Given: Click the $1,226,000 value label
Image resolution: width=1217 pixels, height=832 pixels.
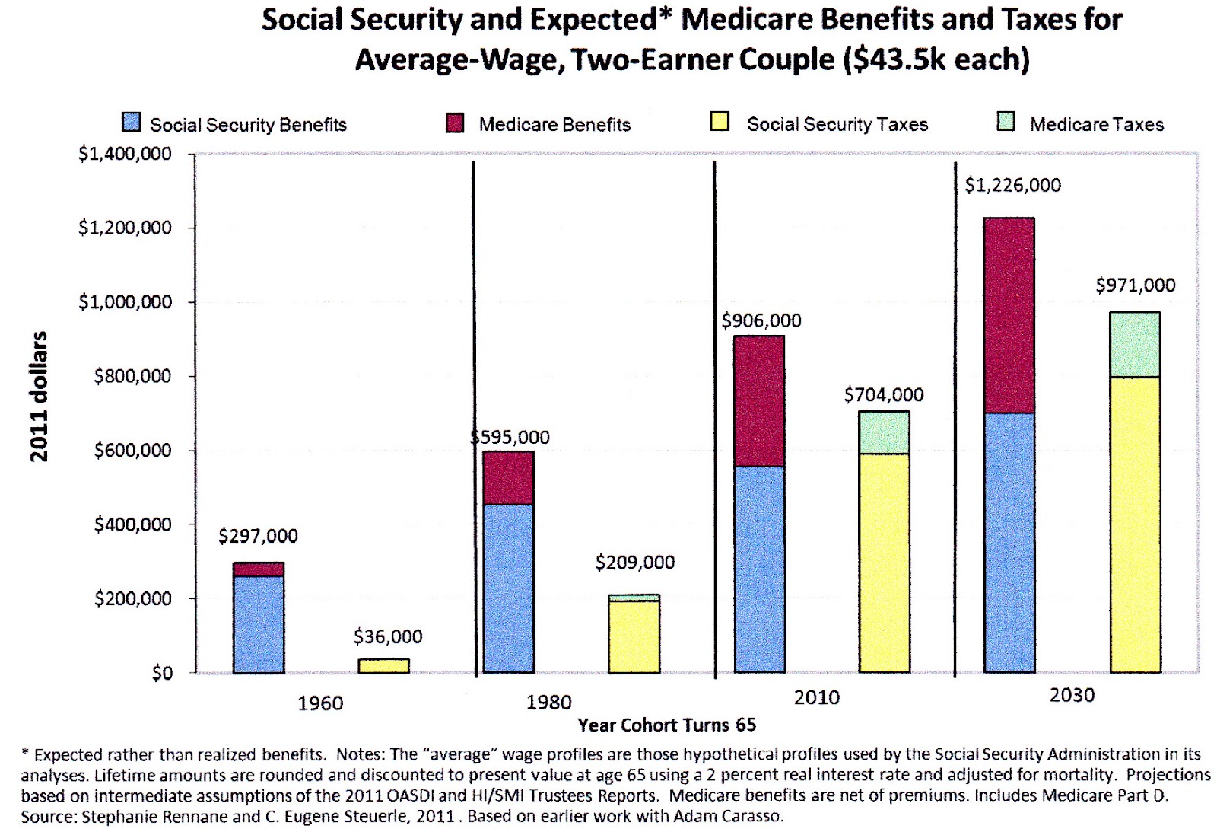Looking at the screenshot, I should point(1012,185).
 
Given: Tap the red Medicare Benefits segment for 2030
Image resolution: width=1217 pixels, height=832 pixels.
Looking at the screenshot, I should point(1009,315).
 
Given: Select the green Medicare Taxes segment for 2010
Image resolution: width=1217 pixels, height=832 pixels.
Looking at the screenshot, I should point(884,432).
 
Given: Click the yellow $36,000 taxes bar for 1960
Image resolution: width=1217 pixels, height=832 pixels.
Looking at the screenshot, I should point(383,666).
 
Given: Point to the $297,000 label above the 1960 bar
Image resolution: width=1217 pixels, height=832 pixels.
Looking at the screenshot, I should point(258,536).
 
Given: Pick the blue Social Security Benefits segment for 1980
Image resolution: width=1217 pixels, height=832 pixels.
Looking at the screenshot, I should point(508,588).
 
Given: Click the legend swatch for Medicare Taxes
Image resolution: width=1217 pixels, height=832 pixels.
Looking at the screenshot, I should point(1006,122).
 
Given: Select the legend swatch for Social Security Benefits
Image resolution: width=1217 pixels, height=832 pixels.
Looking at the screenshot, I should point(132,123).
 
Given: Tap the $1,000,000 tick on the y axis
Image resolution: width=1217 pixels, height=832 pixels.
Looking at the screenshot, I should point(125,302).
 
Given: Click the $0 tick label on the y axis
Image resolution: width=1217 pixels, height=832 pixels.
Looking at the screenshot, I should point(161,673).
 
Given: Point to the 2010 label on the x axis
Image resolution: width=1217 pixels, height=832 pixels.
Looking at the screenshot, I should point(816,697).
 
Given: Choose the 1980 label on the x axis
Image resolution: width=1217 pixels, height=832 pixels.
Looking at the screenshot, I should point(548,702).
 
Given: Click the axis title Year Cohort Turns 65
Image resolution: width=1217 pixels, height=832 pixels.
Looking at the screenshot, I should point(666,725).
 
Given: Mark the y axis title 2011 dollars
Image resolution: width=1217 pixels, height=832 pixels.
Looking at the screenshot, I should point(39,396).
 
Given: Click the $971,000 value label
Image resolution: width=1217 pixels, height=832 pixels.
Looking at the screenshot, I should point(1135,285).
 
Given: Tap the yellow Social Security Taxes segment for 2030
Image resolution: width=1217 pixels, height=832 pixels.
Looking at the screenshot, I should point(1135,524).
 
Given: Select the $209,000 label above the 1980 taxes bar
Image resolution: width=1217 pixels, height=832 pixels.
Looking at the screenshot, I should point(634,563).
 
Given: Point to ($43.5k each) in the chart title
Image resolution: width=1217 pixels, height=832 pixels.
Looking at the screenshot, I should point(936,59).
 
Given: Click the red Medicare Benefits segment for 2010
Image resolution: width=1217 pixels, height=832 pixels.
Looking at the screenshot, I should point(759,400).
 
